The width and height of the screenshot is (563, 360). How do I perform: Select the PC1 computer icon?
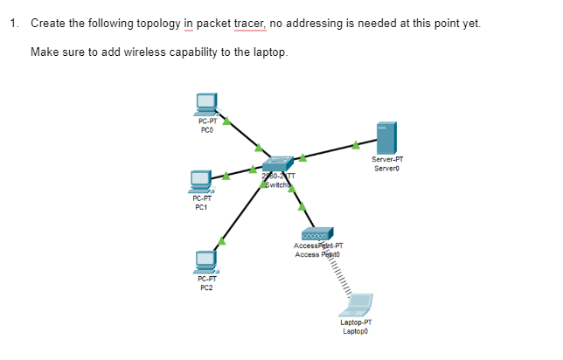pyautogui.click(x=202, y=181)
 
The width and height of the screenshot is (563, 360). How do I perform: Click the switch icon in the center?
pyautogui.click(x=279, y=164)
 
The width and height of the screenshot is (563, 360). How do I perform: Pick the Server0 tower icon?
pyautogui.click(x=386, y=138)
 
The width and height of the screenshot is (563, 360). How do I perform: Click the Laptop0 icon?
pyautogui.click(x=357, y=305)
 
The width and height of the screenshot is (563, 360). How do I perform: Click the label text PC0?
pyautogui.click(x=206, y=130)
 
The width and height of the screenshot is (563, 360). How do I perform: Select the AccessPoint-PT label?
pyautogui.click(x=318, y=246)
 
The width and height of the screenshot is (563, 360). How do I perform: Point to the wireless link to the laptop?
pyautogui.click(x=337, y=278)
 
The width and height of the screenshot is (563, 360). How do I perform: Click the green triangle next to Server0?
pyautogui.click(x=356, y=144)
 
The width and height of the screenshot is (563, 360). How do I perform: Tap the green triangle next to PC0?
pyautogui.click(x=226, y=121)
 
